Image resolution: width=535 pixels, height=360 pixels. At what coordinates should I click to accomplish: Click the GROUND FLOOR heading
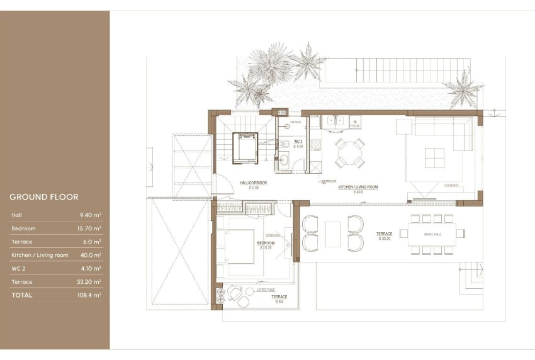coord(44,197)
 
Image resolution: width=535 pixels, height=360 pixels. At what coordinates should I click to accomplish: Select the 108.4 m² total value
coord(89,295)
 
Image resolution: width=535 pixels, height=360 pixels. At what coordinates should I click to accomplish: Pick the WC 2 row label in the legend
coord(20,268)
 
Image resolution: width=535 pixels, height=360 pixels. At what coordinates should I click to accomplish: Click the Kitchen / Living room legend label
coord(39,255)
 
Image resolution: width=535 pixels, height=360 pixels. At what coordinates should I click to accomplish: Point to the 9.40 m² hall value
coord(92,215)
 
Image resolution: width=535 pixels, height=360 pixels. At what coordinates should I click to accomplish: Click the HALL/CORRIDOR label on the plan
coord(254,184)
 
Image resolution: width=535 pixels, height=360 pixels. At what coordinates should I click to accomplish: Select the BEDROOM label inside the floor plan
coord(266,243)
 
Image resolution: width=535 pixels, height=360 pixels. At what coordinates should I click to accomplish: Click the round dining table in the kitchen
coord(348,152)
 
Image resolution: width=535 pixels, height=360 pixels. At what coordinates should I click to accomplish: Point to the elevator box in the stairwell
coord(244,148)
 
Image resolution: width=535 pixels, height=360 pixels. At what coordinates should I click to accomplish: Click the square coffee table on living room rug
coord(434,157)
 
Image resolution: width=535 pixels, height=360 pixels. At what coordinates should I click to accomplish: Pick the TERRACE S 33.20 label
coord(385,236)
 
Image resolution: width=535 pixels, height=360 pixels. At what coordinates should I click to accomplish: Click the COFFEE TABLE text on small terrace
coord(264,290)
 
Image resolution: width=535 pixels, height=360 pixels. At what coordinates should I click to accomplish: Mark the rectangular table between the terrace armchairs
coord(333,233)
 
